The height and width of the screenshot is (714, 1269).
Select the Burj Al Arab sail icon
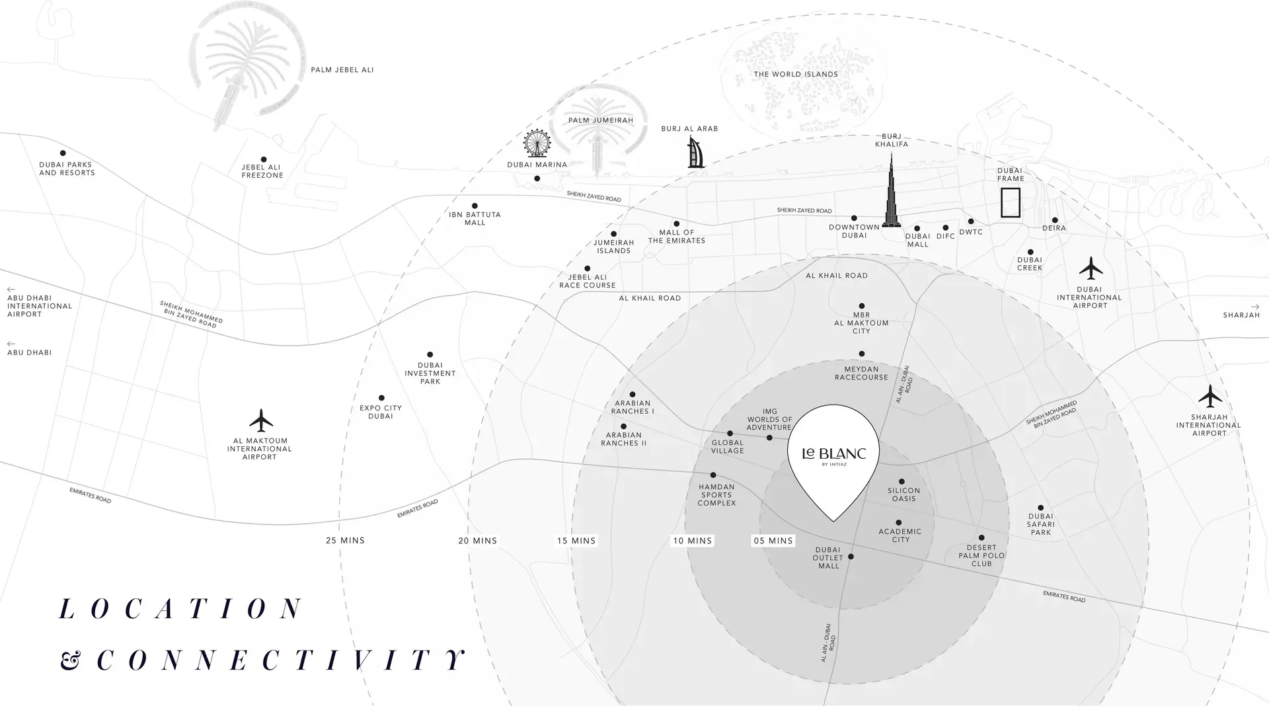tap(697, 153)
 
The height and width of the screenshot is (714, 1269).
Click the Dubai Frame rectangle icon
tap(1010, 202)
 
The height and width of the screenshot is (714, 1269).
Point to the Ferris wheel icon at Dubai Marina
tap(537, 143)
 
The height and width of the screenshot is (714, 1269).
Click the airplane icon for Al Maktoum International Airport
tap(261, 420)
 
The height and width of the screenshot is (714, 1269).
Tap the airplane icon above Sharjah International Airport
tap(1210, 396)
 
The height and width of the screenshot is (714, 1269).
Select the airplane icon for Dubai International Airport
tap(1091, 268)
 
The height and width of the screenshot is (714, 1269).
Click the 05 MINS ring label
tap(773, 541)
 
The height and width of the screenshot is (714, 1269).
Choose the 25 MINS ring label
tap(345, 541)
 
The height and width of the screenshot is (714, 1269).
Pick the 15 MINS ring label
tap(576, 541)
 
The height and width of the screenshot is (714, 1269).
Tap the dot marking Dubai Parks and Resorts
tap(63, 153)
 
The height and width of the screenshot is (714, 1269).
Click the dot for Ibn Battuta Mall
tap(475, 206)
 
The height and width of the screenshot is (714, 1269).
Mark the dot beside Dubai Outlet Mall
tap(851, 557)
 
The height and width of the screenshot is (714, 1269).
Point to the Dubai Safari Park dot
tap(1040, 508)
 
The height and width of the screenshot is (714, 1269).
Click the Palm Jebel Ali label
tap(342, 70)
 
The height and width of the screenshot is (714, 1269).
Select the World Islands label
tap(796, 75)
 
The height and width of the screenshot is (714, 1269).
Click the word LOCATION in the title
tap(181, 609)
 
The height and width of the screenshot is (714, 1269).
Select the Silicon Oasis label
tap(904, 495)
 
